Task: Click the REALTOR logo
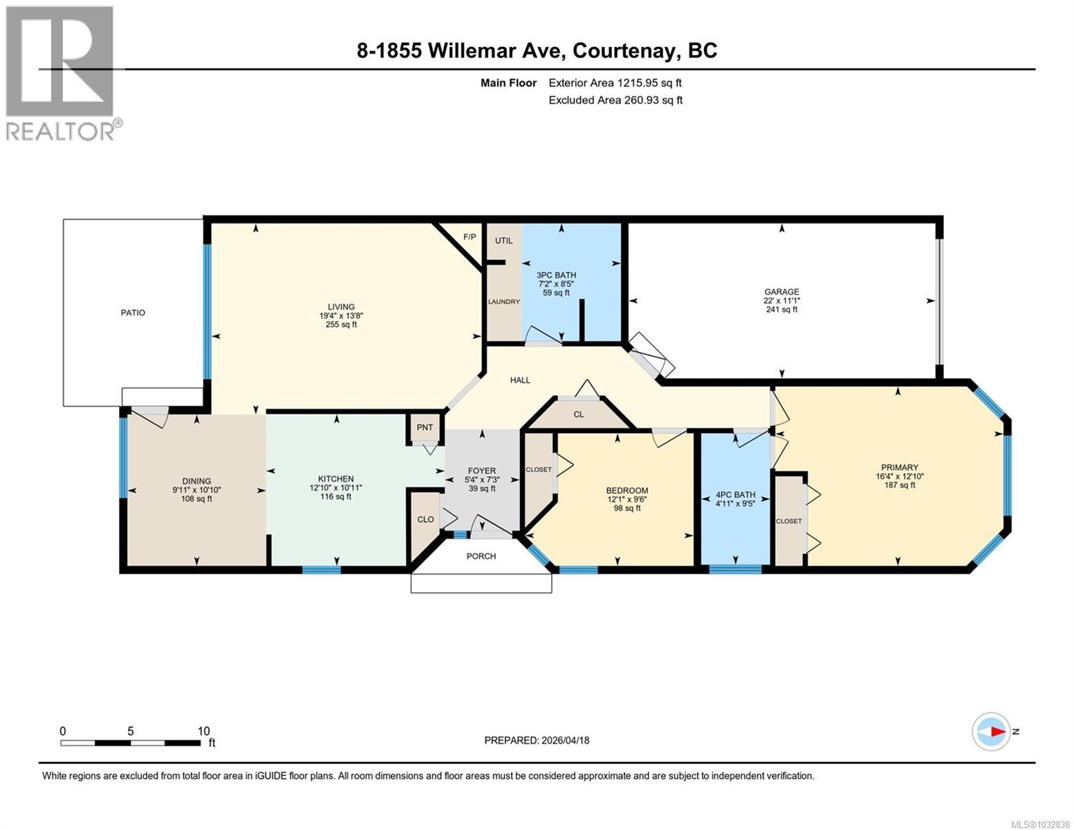60,73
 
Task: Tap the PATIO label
133,313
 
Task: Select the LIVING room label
341,307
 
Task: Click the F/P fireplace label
470,237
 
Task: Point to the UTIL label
503,241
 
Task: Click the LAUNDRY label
503,302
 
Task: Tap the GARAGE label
781,292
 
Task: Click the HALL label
520,380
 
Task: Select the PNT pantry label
425,427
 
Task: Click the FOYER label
481,471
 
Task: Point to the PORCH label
481,556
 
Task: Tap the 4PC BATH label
735,495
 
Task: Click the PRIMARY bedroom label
899,468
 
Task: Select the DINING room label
196,481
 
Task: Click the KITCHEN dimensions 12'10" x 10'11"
335,488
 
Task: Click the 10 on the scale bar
203,731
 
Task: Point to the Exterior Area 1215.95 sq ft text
615,83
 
